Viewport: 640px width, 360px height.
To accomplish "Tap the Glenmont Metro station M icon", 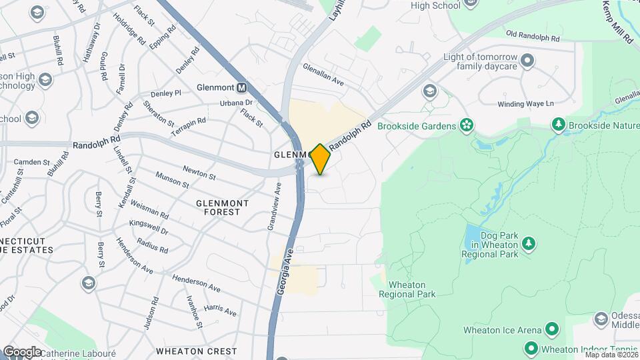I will click(x=241, y=87).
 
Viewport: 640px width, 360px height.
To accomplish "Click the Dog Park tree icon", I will click(x=529, y=244).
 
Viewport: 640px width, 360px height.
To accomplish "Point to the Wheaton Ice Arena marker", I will click(x=552, y=329).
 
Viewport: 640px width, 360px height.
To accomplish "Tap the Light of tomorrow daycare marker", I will click(x=528, y=61).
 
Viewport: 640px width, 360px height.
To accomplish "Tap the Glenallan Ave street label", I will click(x=323, y=73).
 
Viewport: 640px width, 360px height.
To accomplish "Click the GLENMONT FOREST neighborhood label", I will click(x=223, y=207).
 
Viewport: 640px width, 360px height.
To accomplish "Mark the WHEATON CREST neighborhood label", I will click(x=196, y=351).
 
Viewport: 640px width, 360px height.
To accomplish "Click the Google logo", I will click(x=22, y=351).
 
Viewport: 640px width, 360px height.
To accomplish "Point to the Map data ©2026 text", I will click(x=610, y=355).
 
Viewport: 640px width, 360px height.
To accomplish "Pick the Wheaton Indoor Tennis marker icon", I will click(x=531, y=349).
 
